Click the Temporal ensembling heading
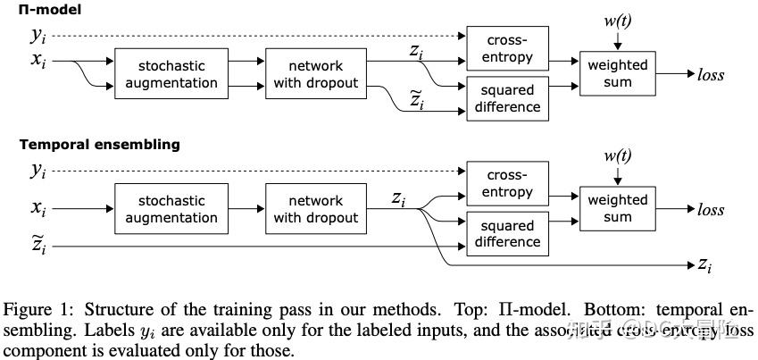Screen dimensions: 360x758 pos(99,144)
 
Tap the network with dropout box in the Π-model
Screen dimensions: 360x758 pos(316,74)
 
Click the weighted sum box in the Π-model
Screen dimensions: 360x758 pos(617,74)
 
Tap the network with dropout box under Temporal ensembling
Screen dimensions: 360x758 pos(316,209)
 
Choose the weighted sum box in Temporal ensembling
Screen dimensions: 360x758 pos(617,209)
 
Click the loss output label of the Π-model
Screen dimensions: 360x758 pos(711,75)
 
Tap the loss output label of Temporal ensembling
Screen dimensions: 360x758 pos(711,210)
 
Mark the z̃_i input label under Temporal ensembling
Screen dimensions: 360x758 pos(38,244)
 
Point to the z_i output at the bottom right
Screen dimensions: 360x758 pos(705,265)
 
